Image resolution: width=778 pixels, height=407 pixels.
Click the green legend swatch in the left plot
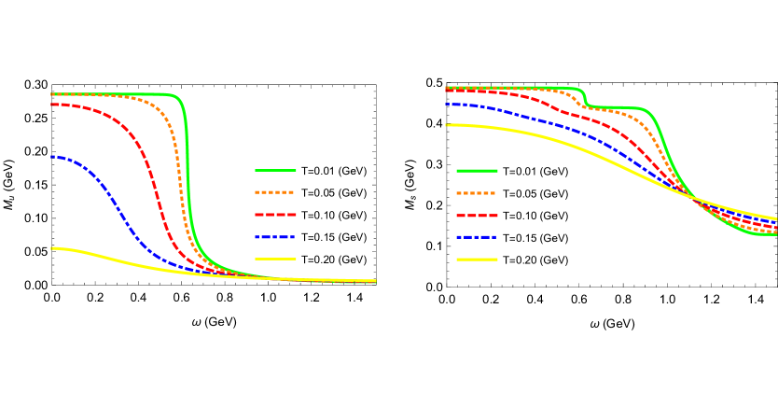(275, 171)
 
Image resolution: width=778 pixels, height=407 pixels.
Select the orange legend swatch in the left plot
(275, 192)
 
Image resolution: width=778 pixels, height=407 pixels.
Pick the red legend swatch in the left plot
(275, 215)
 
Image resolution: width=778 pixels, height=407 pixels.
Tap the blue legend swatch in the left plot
(275, 237)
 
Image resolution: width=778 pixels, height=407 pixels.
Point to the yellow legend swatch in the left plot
(275, 260)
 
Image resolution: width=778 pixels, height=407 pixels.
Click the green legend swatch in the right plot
(477, 171)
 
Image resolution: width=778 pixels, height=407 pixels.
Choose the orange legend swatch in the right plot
(477, 193)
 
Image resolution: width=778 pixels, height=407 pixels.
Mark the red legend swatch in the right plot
(477, 216)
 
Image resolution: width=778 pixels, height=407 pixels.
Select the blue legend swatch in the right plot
(477, 237)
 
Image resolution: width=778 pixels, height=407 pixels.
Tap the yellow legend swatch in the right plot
(477, 260)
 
